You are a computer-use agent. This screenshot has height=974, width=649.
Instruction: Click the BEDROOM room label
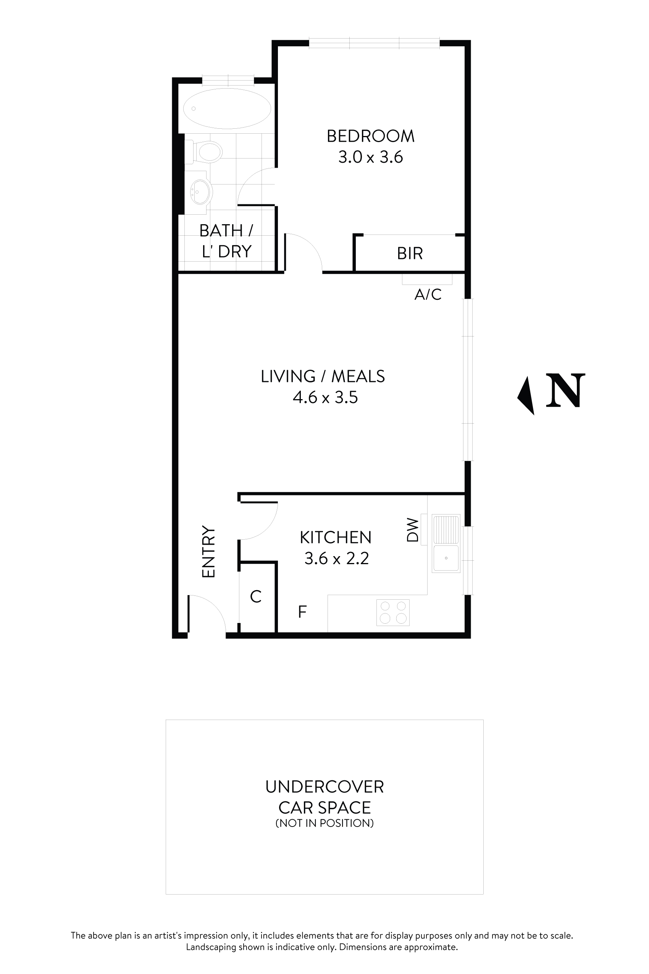coord(370,136)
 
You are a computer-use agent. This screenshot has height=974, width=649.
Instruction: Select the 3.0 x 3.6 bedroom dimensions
coord(370,157)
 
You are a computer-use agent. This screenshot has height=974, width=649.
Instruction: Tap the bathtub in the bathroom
coord(227,108)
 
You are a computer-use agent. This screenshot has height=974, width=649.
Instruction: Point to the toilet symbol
coord(208,151)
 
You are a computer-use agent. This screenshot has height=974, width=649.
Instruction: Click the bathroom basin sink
coord(201,192)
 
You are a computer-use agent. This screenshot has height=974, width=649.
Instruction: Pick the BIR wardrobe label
coord(410,254)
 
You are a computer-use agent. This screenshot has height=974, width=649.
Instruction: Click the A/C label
coord(428,294)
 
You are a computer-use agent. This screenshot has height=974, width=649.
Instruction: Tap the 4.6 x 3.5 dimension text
coord(325,398)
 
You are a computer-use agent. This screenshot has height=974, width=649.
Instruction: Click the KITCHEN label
coord(336,537)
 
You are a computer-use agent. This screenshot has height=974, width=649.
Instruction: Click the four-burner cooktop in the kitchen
coord(393,613)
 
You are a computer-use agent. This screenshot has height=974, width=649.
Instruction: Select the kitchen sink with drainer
coord(446,543)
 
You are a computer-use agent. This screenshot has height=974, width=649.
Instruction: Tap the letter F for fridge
coord(303,612)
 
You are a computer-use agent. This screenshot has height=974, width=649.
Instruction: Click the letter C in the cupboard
coord(256,597)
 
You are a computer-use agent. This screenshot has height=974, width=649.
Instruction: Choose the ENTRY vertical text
coord(208,551)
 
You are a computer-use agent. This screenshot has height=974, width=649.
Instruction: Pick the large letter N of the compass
coord(565,390)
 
